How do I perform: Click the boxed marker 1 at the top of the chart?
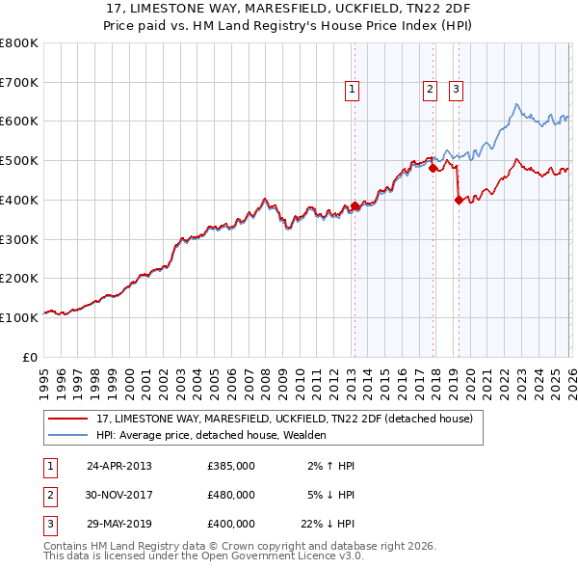pos(354,90)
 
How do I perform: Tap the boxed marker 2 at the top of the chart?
pos(430,90)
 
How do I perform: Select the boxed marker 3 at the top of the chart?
pos(456,90)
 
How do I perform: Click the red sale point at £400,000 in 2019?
pos(459,200)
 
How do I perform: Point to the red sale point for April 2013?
pos(355,205)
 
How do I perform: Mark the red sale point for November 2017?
pos(433,168)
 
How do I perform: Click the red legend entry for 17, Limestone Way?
pos(284,420)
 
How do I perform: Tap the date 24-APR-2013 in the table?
pos(118,465)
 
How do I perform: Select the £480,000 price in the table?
pos(230,495)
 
